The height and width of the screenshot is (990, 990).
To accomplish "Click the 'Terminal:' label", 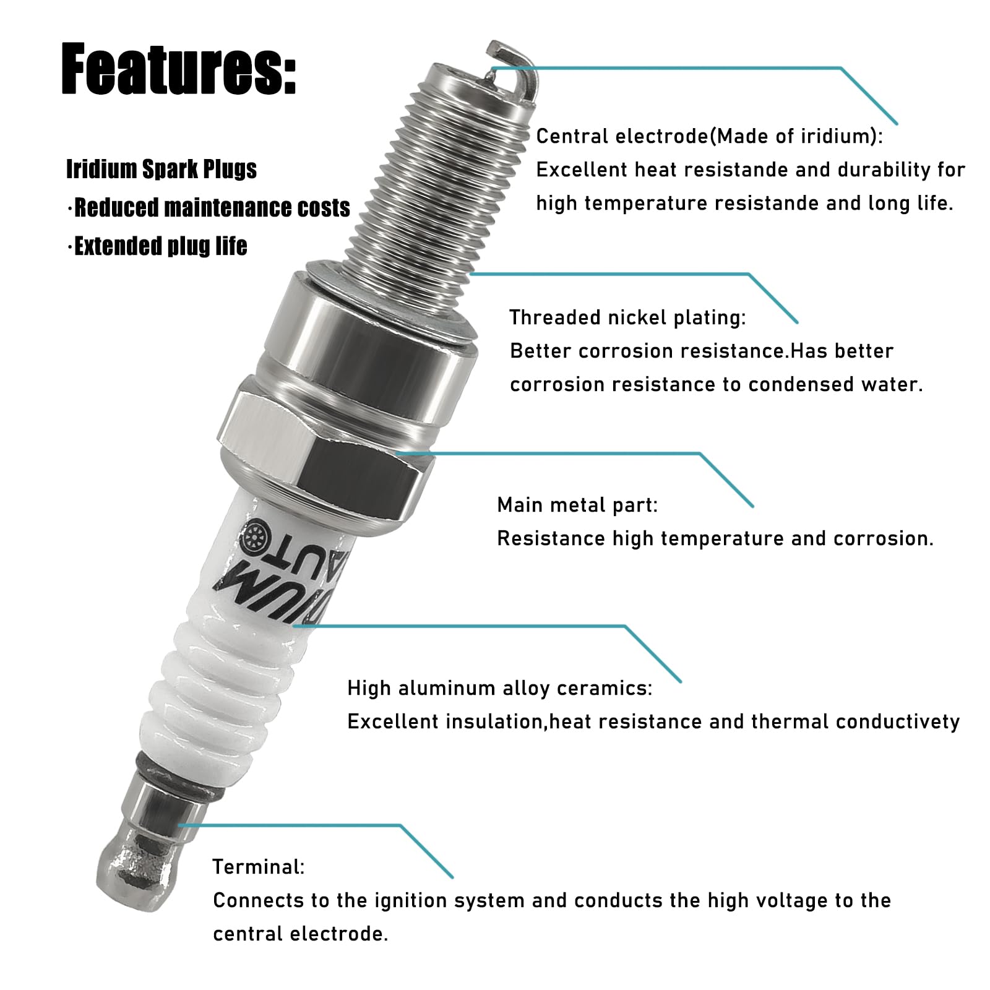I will pyautogui.click(x=258, y=867).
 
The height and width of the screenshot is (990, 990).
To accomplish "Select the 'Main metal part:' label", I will pyautogui.click(x=577, y=505).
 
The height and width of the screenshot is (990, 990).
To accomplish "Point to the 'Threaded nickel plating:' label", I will pyautogui.click(x=627, y=317).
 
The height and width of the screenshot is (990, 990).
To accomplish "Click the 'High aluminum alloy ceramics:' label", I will pyautogui.click(x=499, y=688).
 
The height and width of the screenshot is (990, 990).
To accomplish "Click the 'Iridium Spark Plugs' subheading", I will pyautogui.click(x=161, y=169).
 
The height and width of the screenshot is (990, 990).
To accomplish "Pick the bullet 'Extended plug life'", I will pyautogui.click(x=160, y=246).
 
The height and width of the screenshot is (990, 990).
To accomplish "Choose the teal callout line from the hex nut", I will pyautogui.click(x=557, y=454).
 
